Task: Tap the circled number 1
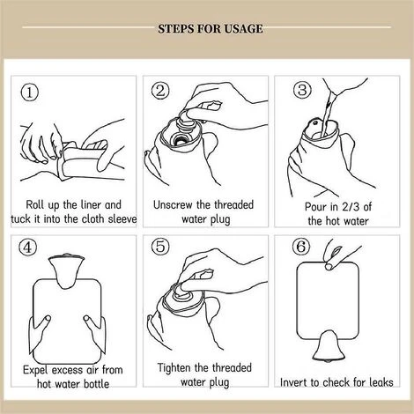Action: (29, 92)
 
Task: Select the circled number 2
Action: (160, 91)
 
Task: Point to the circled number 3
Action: (302, 90)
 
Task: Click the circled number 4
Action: (28, 248)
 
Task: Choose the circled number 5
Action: (160, 246)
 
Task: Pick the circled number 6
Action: (301, 247)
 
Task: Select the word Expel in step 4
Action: (34, 370)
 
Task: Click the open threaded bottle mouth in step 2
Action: (178, 139)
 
